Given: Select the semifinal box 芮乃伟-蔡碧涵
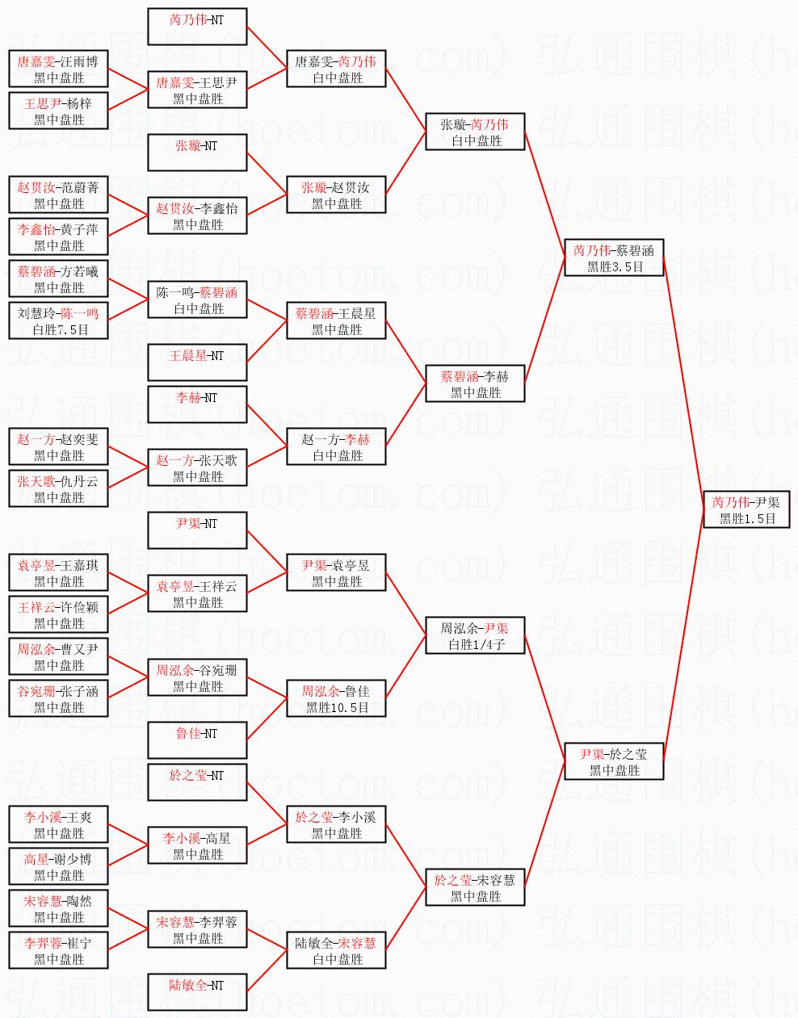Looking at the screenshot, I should (614, 258).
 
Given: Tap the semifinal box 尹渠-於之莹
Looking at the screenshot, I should (614, 761).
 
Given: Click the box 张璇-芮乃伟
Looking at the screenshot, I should (476, 132).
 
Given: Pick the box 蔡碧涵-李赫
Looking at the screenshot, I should (476, 383).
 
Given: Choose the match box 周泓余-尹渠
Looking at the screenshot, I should (476, 635).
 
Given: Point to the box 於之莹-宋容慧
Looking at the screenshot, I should (476, 887).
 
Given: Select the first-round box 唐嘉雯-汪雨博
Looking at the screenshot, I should (58, 69).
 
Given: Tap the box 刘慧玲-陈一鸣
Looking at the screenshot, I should (58, 320).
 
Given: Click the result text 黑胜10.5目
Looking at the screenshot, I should (337, 707).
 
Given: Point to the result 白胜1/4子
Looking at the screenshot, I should (476, 644).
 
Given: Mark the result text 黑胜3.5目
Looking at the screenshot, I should (614, 266).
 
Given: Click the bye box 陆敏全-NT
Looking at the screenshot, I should (197, 992).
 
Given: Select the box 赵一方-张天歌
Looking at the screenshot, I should (197, 467).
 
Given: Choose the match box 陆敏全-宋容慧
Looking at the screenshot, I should (337, 950).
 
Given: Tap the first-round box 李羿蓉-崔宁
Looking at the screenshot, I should (58, 950).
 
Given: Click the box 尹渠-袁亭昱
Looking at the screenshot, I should (337, 572).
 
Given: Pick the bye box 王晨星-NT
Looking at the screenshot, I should (197, 362).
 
